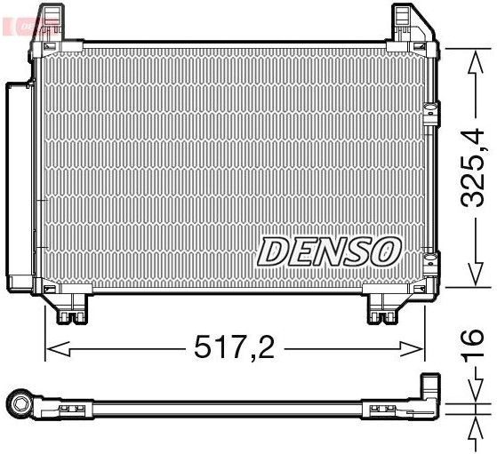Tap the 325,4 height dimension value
pyautogui.click(x=471, y=169)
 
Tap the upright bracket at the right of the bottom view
pyautogui.click(x=430, y=393)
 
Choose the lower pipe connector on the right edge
pyautogui.click(x=432, y=261)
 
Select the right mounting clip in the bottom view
pyautogui.click(x=384, y=410)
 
